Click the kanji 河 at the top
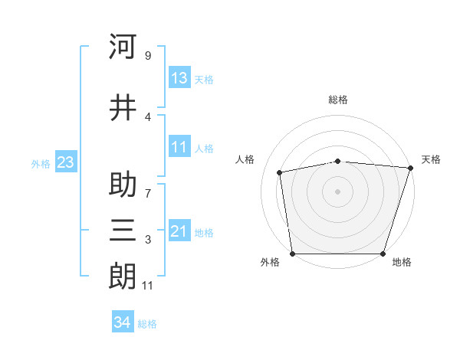coord(123,46)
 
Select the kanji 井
coord(123,107)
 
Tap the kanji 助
coord(123,184)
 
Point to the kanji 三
coord(123,231)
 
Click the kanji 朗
coord(123,277)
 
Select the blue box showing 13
coord(179,77)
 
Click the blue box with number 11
coord(179,146)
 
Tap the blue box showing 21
coord(179,230)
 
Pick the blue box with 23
coord(66,162)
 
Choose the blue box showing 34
coord(123,321)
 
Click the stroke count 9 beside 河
coord(148,55)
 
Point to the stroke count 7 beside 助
coord(148,194)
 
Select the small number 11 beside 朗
coord(147,286)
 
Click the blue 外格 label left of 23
coord(41,164)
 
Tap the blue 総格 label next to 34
coord(147,324)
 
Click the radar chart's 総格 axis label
coord(338,100)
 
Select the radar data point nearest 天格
coord(411,168)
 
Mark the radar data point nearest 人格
coord(279,172)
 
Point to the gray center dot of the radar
coord(337,191)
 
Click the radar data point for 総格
coord(338,162)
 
